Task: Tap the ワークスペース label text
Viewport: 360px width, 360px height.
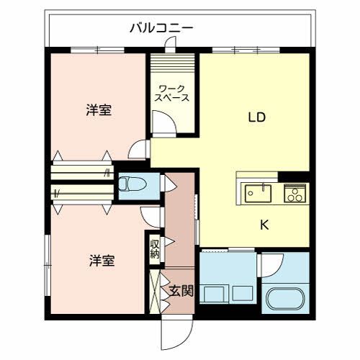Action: [x=173, y=94]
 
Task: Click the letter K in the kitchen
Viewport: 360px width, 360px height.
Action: [x=264, y=224]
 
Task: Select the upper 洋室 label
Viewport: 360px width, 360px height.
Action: [x=99, y=110]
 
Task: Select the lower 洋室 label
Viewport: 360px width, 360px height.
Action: [x=102, y=260]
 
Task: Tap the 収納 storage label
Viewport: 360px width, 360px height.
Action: [x=155, y=248]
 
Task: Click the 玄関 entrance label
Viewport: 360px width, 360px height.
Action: [x=180, y=291]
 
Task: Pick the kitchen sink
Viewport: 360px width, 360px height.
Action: [x=257, y=192]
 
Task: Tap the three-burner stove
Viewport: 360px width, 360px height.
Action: [x=294, y=193]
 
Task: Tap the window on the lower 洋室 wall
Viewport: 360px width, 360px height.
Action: [x=48, y=259]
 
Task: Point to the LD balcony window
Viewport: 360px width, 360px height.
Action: [x=245, y=50]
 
